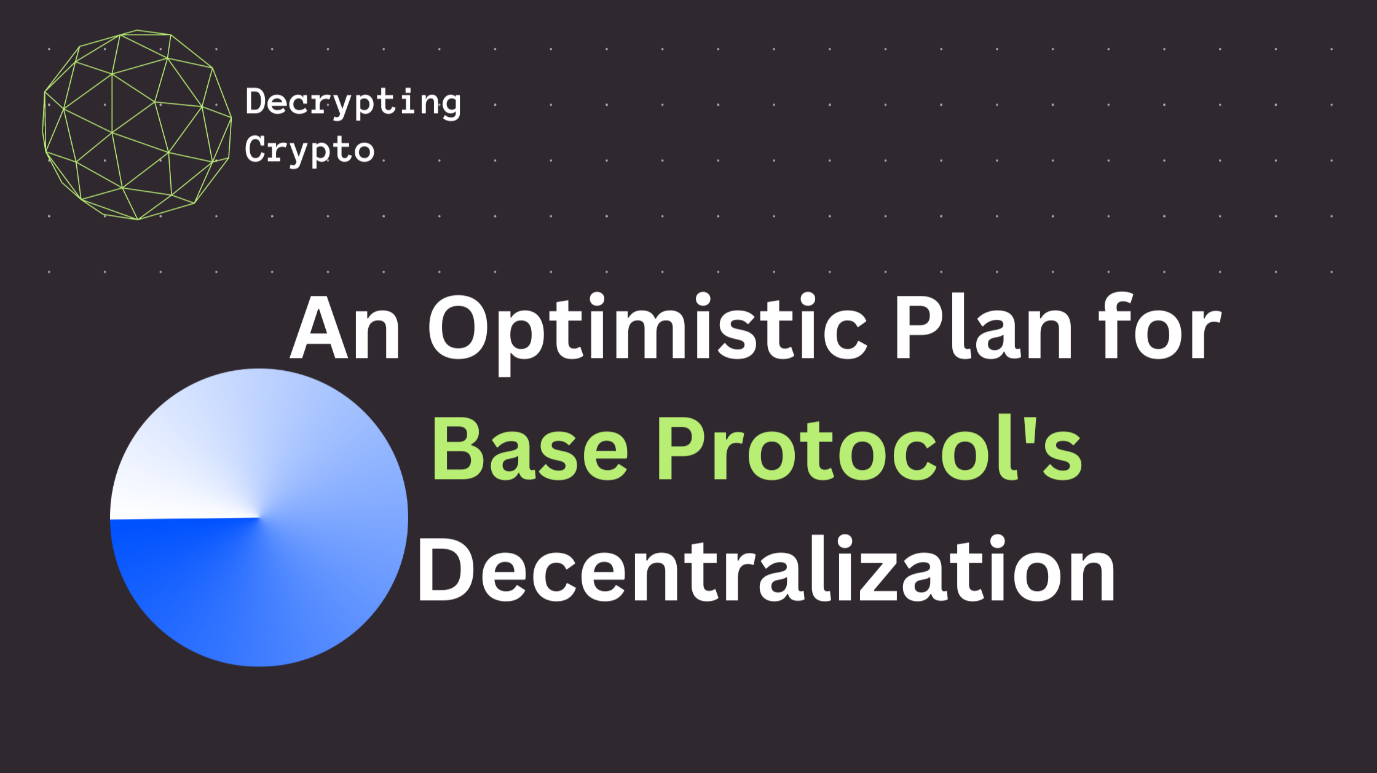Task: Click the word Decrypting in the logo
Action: (353, 103)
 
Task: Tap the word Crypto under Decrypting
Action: (309, 150)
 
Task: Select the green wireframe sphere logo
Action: (137, 125)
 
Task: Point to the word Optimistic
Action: (648, 333)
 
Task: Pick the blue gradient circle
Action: (259, 517)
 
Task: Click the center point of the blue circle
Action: (259, 517)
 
